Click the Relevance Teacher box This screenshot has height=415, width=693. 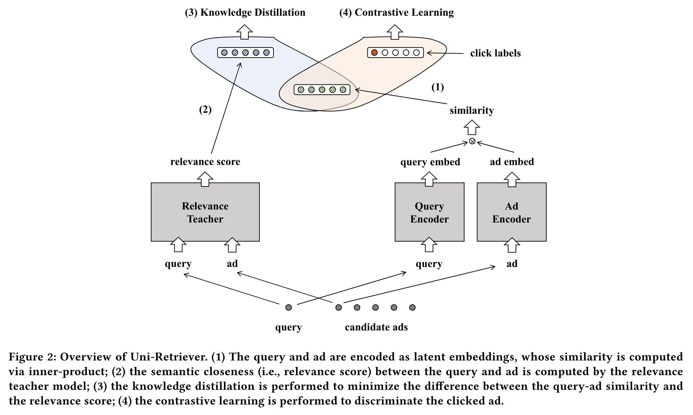click(205, 212)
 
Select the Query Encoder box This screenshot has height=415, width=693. click(429, 212)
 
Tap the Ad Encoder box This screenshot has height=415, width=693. click(511, 212)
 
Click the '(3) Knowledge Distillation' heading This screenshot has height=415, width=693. click(245, 13)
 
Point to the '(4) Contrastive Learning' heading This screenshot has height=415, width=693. click(396, 13)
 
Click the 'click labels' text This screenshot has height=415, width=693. click(495, 53)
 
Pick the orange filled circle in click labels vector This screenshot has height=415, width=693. click(374, 53)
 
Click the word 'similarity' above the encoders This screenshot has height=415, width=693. click(471, 110)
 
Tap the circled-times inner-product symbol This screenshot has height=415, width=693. click(472, 141)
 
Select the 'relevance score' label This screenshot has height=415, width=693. click(205, 162)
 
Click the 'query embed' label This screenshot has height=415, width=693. click(430, 162)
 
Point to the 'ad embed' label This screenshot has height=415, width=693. click(511, 162)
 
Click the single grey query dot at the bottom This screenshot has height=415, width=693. click(288, 307)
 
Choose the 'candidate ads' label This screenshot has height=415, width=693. click(376, 327)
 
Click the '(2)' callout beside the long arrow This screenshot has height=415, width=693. click(205, 109)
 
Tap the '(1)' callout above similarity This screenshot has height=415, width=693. click(437, 87)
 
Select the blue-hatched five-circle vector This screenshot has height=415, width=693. click(245, 53)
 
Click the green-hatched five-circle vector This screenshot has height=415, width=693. click(322, 90)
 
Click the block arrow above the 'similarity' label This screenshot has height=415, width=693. click(472, 127)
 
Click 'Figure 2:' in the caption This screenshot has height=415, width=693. click(32, 357)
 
